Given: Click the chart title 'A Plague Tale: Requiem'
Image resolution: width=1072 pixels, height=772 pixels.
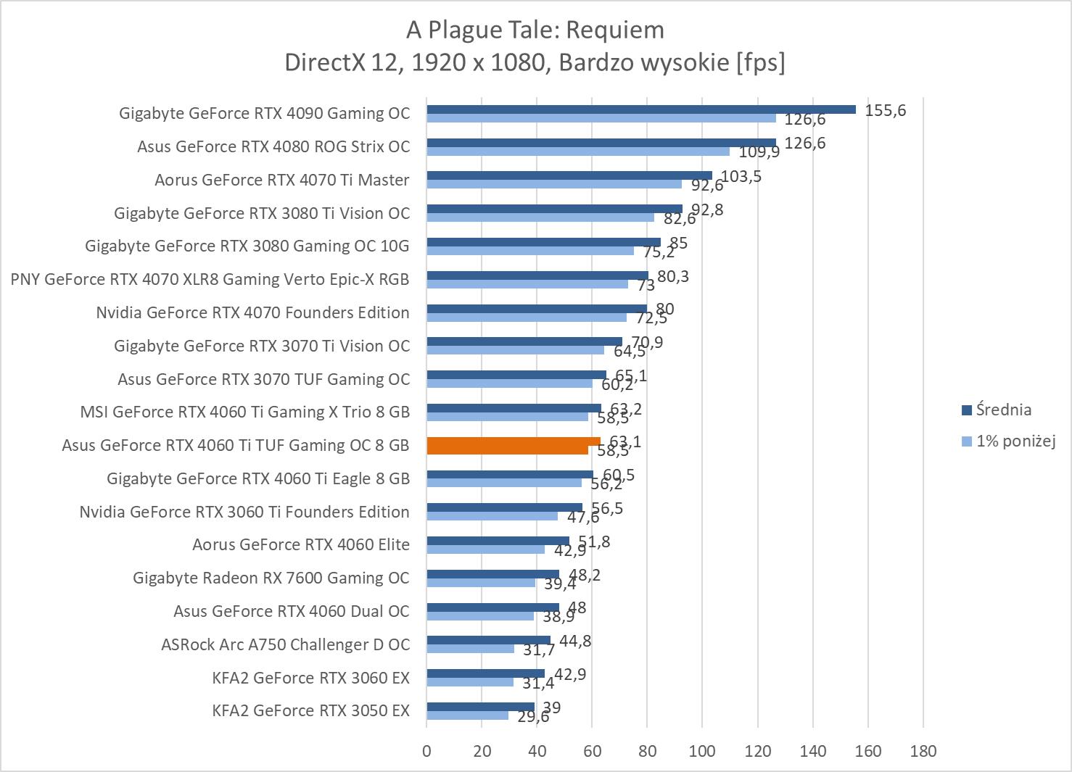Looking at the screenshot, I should pyautogui.click(x=535, y=30).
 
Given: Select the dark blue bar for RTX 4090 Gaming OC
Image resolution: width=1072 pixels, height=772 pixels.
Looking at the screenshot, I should pyautogui.click(x=640, y=109).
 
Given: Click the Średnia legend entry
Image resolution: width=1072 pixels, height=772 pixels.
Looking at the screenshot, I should pyautogui.click(x=1003, y=410).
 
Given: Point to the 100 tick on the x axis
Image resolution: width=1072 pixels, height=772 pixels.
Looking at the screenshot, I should pyautogui.click(x=702, y=751).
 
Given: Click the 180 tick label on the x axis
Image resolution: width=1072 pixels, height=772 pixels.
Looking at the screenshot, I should pyautogui.click(x=923, y=751).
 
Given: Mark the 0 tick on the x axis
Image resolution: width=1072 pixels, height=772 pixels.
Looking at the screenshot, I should pyautogui.click(x=426, y=751).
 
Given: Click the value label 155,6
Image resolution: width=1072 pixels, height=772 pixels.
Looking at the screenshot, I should pyautogui.click(x=885, y=110).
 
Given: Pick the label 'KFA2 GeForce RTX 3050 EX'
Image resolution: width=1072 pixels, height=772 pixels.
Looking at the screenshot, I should pyautogui.click(x=310, y=710).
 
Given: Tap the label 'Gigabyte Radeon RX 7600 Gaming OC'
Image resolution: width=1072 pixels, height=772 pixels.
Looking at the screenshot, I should pyautogui.click(x=271, y=578).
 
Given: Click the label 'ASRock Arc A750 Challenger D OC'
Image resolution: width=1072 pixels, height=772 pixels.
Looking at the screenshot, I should pyautogui.click(x=285, y=644).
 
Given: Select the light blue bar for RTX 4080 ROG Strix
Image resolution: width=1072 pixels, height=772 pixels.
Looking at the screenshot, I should pyautogui.click(x=577, y=152).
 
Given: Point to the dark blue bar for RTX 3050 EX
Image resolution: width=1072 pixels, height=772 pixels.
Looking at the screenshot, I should pyautogui.click(x=480, y=707).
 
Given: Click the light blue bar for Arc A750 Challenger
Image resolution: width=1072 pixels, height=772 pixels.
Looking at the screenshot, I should pyautogui.click(x=470, y=649).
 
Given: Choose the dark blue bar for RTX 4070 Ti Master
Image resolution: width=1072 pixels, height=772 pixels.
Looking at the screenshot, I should pyautogui.click(x=569, y=175).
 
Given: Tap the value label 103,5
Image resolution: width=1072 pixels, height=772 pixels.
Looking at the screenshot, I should pyautogui.click(x=741, y=176).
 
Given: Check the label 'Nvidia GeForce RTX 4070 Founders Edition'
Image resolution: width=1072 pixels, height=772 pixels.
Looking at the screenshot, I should pyautogui.click(x=252, y=312).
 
